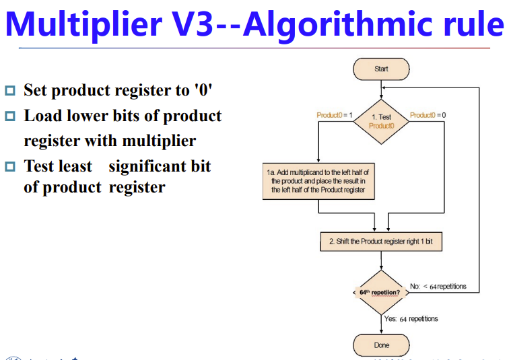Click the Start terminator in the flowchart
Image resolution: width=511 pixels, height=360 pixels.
(381, 69)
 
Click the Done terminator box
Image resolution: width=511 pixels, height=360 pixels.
(381, 345)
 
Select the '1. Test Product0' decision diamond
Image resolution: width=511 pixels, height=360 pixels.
(381, 122)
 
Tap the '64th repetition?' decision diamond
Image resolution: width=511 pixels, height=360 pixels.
(381, 293)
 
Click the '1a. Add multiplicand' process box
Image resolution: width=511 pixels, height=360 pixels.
(318, 181)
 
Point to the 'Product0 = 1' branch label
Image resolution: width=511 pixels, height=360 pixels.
(334, 115)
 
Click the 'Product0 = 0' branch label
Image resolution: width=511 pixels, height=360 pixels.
(428, 115)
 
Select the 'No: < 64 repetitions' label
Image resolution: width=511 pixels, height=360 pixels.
(438, 287)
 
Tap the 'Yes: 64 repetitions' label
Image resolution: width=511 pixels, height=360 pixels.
(411, 318)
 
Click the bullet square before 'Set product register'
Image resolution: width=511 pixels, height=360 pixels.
(9, 90)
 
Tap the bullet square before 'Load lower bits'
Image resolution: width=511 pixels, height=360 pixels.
(9, 116)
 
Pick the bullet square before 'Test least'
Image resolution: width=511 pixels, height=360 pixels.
(9, 166)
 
